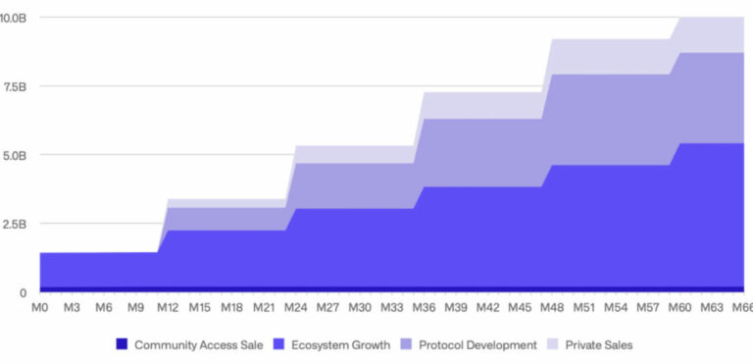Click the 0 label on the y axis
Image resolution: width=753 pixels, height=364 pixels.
22,292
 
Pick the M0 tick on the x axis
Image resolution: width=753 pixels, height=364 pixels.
40,308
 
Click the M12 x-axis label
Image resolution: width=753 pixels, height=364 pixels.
168,308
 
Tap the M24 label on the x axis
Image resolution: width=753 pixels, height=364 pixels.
295,308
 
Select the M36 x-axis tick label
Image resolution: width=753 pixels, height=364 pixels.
424,308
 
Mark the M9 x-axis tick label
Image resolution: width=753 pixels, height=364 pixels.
135,308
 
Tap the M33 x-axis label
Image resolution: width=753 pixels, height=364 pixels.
391,308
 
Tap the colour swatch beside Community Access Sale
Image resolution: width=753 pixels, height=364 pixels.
122,344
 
